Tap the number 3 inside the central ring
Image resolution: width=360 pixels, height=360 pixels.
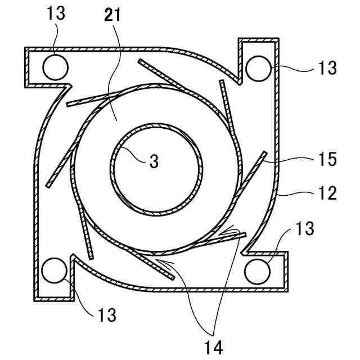click(x=154, y=162)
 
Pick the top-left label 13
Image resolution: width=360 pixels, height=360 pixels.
click(x=56, y=14)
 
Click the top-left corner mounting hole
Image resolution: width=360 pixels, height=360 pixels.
click(x=56, y=67)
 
